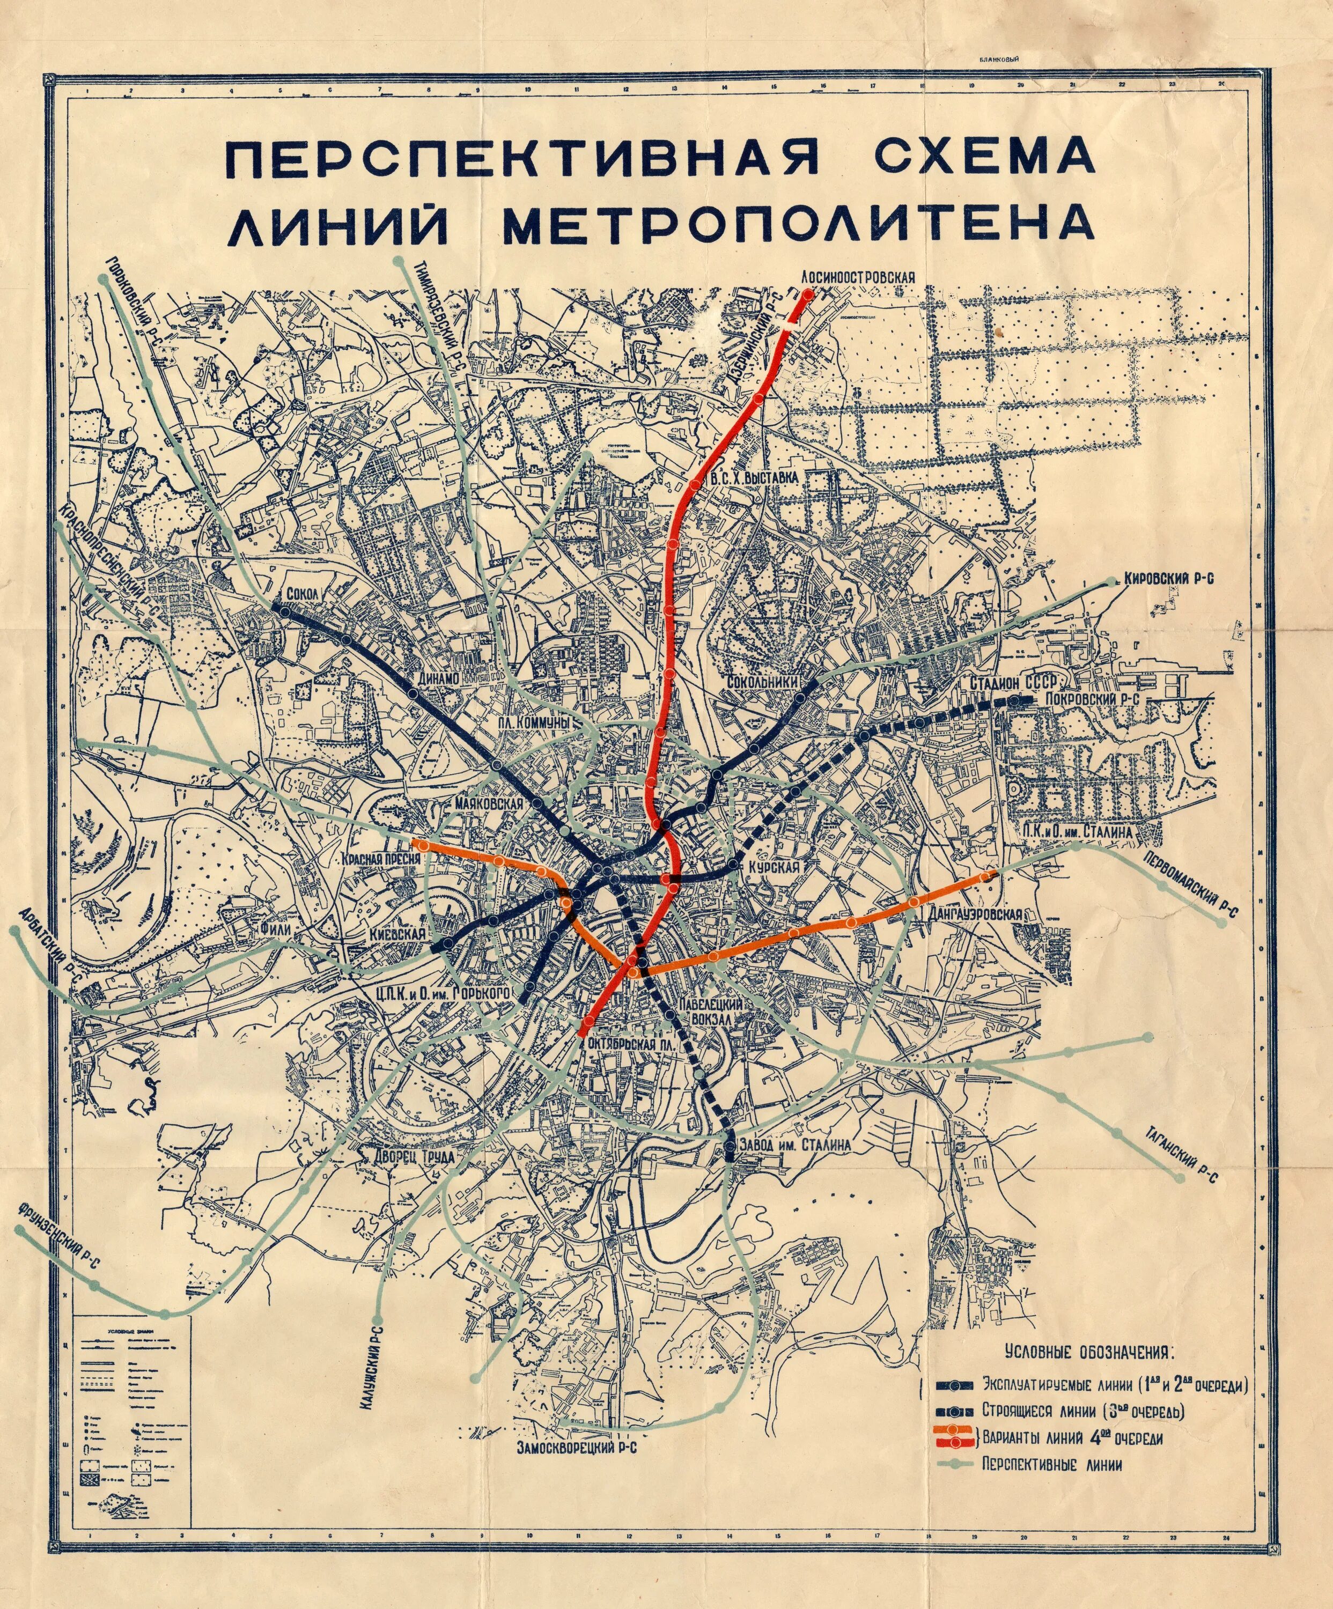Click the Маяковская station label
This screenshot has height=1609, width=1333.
tap(489, 804)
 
